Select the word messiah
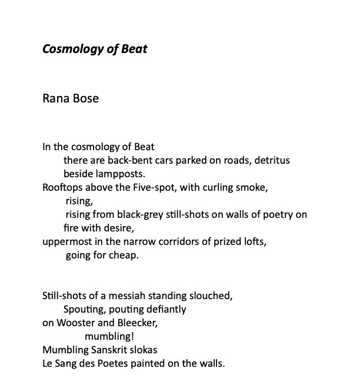point(130,296)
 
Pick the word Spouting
point(83,309)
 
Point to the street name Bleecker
point(136,323)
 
